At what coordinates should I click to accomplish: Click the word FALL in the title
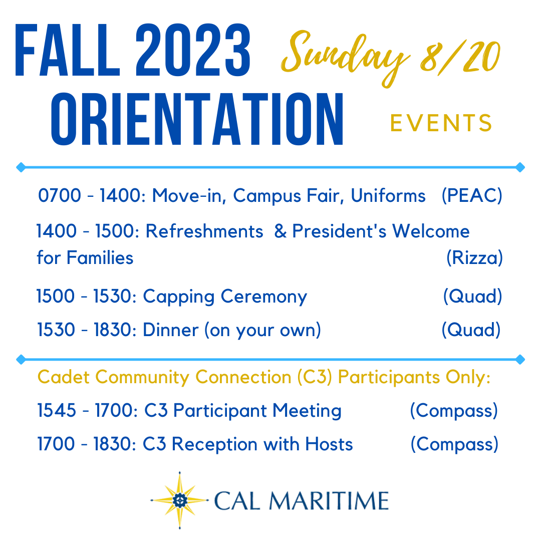(x=67, y=51)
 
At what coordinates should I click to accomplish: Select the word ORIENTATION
(x=197, y=119)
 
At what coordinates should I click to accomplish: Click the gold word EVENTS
(x=441, y=123)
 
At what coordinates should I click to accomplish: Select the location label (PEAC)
(x=472, y=196)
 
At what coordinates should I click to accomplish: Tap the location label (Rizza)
(x=474, y=258)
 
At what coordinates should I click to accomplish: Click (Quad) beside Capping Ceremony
(x=472, y=297)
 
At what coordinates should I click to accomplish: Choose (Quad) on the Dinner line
(x=471, y=330)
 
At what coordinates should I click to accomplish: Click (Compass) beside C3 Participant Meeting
(x=454, y=411)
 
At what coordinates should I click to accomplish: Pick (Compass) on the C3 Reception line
(x=454, y=444)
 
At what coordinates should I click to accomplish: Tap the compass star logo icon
(x=179, y=500)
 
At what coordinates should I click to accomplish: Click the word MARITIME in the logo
(x=329, y=501)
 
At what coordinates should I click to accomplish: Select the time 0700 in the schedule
(x=59, y=196)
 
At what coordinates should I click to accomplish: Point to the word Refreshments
(x=204, y=231)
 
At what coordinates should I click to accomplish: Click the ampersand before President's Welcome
(x=281, y=231)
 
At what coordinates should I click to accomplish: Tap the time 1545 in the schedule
(x=57, y=411)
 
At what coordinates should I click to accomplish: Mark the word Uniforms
(x=388, y=196)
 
